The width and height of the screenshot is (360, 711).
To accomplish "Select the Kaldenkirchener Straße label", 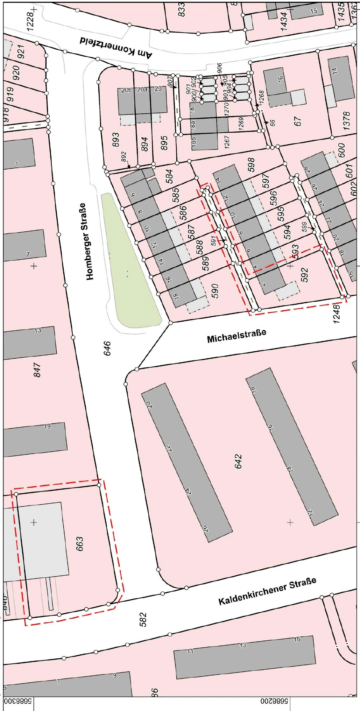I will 267,591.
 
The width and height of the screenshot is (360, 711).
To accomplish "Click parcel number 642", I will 239,462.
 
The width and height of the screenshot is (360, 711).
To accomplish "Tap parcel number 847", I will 37,370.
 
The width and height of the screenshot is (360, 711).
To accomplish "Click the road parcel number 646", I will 107,348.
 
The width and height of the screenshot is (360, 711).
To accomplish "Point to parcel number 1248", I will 337,314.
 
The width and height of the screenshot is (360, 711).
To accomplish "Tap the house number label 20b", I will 126,90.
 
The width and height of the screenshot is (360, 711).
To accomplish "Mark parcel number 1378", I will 346,121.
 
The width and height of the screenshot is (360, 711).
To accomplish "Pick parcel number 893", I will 116,140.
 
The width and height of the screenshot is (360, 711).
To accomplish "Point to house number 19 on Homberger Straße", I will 47,426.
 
